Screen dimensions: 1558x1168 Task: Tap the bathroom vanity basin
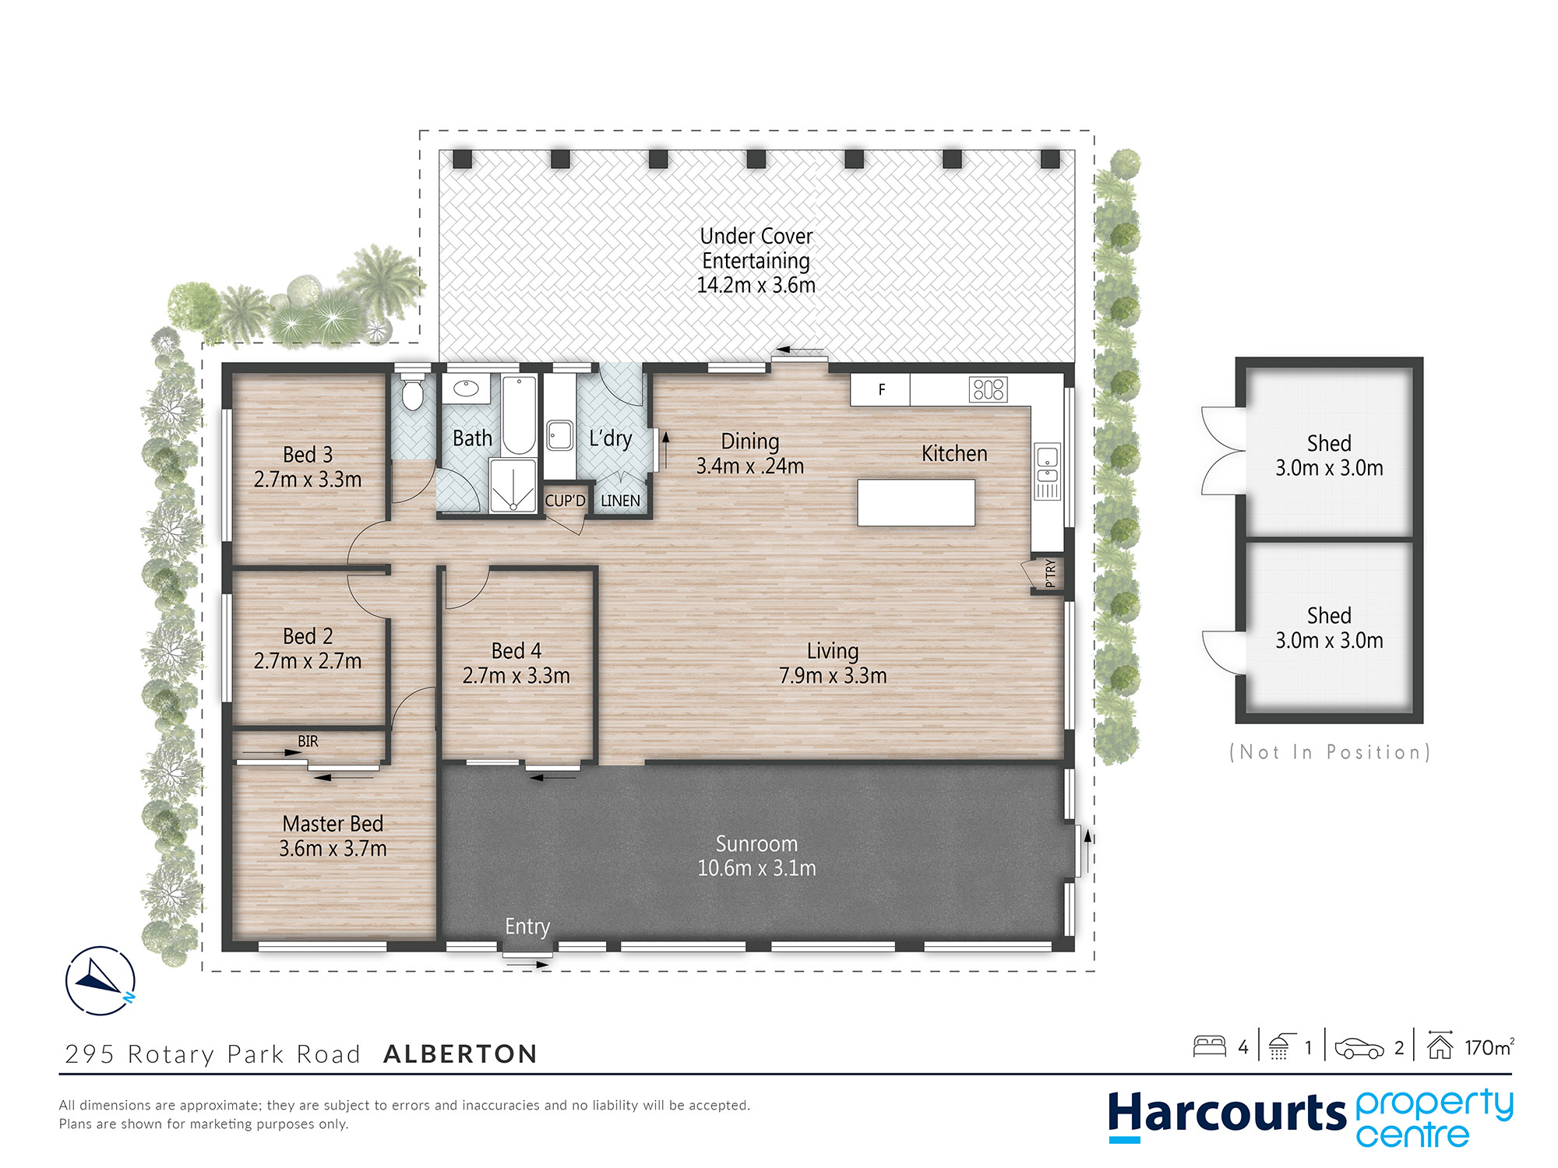pyautogui.click(x=466, y=388)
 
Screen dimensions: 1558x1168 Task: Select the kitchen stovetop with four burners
pyautogui.click(x=989, y=389)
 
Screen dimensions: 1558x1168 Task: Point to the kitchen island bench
pyautogui.click(x=916, y=503)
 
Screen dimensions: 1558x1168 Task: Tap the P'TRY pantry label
pyautogui.click(x=1050, y=572)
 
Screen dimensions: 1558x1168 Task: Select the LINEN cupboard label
pyautogui.click(x=620, y=501)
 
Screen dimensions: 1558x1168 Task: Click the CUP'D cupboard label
pyautogui.click(x=565, y=501)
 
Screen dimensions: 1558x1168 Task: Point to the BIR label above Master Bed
pyautogui.click(x=308, y=741)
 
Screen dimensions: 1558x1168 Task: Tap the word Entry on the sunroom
pyautogui.click(x=527, y=927)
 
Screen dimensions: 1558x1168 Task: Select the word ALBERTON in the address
pyautogui.click(x=460, y=1054)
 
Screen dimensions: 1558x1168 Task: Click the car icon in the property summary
pyautogui.click(x=1359, y=1048)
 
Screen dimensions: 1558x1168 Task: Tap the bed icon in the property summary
pyautogui.click(x=1210, y=1046)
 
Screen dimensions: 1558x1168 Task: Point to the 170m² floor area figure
pyautogui.click(x=1489, y=1047)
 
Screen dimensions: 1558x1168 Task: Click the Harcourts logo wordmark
pyautogui.click(x=1227, y=1113)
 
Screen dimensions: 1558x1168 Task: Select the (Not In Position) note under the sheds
pyautogui.click(x=1329, y=752)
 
